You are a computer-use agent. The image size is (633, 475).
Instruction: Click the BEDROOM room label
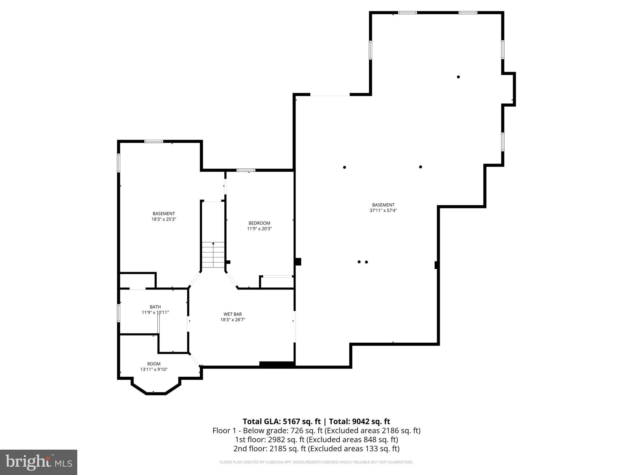pos(259,223)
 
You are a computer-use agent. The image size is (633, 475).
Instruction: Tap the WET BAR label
pos(232,314)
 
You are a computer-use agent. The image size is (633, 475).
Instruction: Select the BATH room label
pos(155,307)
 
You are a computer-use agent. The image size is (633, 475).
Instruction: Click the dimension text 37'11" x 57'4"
pos(383,211)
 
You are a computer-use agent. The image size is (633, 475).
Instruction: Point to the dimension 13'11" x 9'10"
pos(154,369)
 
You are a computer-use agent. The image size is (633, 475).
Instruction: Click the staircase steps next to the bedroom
pos(213,255)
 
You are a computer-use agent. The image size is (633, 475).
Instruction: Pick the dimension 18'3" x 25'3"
pos(164,219)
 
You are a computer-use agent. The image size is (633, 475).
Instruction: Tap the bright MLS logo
pos(38,462)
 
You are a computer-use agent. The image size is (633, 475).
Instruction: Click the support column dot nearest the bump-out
pos(458,77)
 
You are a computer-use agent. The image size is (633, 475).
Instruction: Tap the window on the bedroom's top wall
pos(246,170)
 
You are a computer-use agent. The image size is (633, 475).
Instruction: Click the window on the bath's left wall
pos(118,313)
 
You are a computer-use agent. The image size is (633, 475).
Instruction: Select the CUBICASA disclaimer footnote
pos(316,462)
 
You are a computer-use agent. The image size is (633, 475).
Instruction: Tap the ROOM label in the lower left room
pos(154,364)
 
